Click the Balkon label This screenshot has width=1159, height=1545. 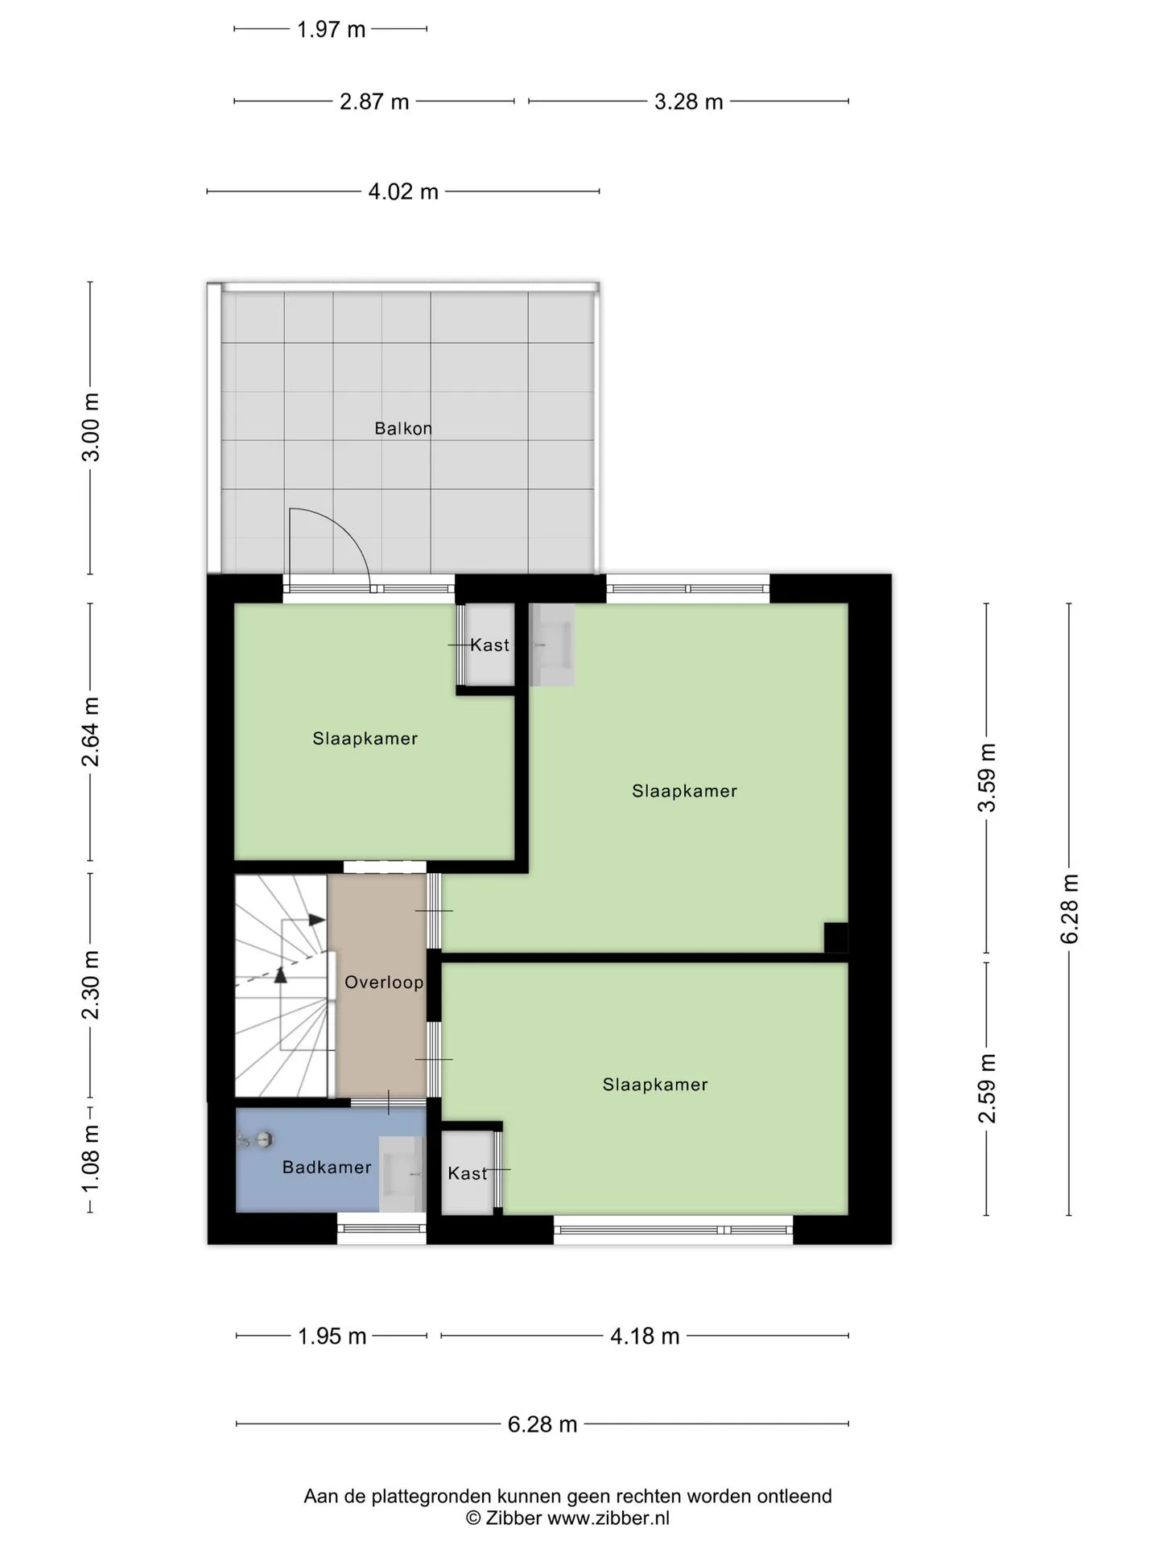[403, 428]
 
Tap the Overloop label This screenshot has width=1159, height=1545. [384, 982]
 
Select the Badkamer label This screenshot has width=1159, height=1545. [327, 1167]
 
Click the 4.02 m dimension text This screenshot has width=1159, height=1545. [403, 192]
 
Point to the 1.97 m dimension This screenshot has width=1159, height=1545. [331, 30]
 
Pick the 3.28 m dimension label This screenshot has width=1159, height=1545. [688, 101]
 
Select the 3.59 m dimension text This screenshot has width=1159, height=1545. [987, 778]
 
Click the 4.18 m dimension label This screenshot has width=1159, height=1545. [645, 1337]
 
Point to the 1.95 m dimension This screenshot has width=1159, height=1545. [332, 1337]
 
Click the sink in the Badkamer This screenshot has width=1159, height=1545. [402, 1174]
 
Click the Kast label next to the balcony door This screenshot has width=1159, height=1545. [490, 645]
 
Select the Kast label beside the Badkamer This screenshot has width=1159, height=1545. [468, 1174]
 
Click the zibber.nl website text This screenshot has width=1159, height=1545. [608, 1518]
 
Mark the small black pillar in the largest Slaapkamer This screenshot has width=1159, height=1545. [835, 937]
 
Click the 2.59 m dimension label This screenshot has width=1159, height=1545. [987, 1088]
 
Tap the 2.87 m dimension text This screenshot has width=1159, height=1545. [374, 102]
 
